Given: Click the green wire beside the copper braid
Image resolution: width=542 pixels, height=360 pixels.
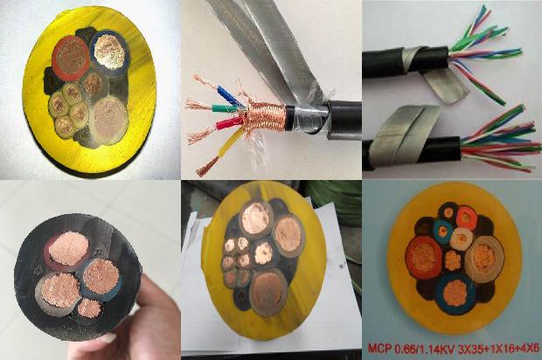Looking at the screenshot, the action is [x=226, y=108].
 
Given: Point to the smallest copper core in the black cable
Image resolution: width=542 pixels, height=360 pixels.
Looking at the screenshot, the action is [x=89, y=308].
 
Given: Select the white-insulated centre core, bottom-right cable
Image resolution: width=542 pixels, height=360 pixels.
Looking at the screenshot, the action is [x=462, y=238].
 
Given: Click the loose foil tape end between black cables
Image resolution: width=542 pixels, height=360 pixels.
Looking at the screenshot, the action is [x=446, y=88].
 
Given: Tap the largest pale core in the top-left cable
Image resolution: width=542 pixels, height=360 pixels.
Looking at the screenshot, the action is [x=110, y=116].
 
